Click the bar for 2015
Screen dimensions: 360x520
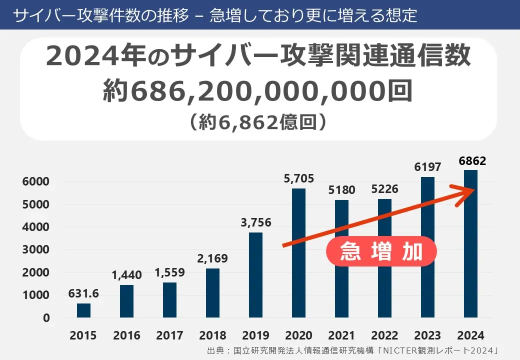(83, 310)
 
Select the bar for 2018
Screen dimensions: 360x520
(212, 293)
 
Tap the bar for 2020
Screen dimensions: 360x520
(298, 253)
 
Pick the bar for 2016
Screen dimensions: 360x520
(126, 301)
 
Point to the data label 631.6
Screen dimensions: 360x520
(83, 294)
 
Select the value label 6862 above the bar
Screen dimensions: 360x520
(471, 161)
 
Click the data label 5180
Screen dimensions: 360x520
(341, 190)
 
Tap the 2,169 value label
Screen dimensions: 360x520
(212, 259)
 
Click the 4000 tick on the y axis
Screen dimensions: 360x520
(35, 227)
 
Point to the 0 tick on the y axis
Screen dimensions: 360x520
(46, 318)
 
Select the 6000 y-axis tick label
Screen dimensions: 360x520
(35, 181)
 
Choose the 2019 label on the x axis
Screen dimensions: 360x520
(255, 335)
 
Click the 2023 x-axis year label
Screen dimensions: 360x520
(427, 335)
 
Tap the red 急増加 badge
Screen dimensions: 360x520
(381, 251)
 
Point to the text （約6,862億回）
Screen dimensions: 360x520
(258, 122)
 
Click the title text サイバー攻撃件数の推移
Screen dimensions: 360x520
(100, 15)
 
